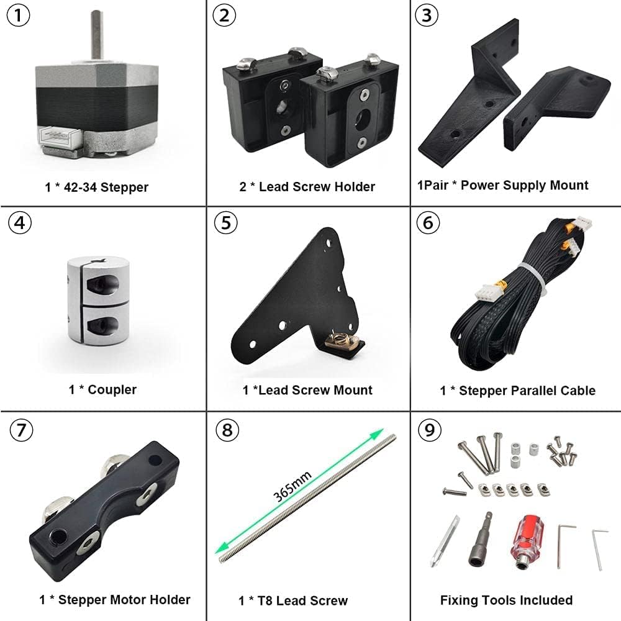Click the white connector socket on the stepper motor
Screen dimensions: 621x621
pyautogui.click(x=58, y=133)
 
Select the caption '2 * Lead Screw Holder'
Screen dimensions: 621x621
pyautogui.click(x=307, y=186)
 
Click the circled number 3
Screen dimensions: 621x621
pyautogui.click(x=426, y=16)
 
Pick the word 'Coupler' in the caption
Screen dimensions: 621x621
pyautogui.click(x=112, y=390)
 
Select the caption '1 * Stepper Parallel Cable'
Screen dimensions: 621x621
pyautogui.click(x=517, y=391)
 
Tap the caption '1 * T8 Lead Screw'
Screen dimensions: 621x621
pyautogui.click(x=293, y=601)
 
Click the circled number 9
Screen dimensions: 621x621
pyautogui.click(x=427, y=429)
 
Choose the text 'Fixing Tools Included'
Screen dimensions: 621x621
pyautogui.click(x=506, y=600)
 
